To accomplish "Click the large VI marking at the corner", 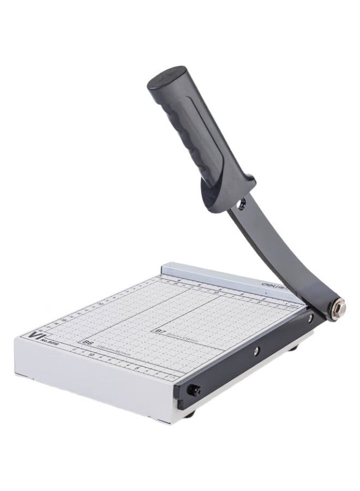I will coord(39,336).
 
